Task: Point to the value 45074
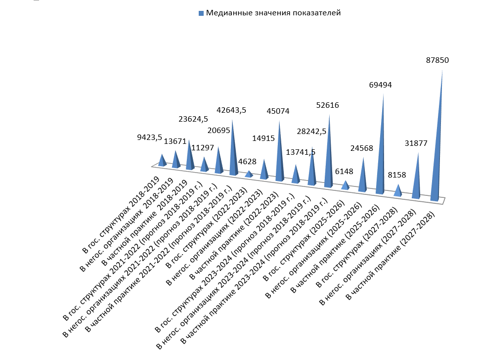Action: click(278, 111)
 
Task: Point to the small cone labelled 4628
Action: click(249, 174)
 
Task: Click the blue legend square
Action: click(201, 13)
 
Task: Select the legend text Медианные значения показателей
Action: click(273, 13)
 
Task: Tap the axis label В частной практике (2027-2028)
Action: click(391, 255)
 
